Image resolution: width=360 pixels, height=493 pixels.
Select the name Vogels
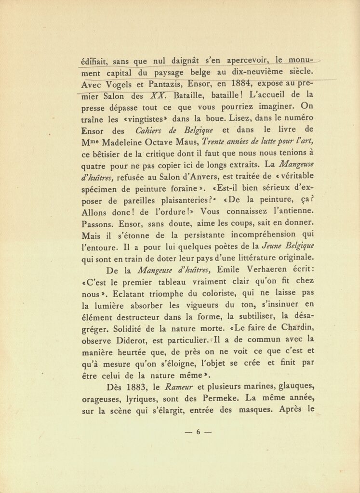(118, 86)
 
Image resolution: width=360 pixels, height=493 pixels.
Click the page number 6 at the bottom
(198, 432)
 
